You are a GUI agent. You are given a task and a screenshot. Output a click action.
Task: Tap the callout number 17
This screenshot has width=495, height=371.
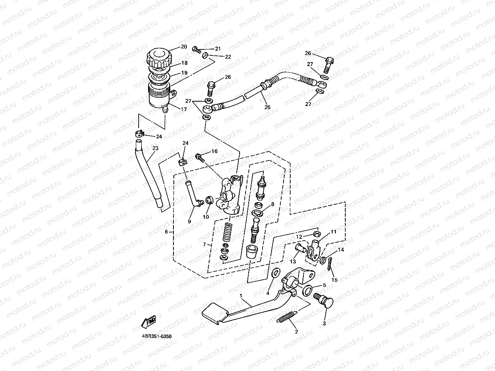tap(184, 110)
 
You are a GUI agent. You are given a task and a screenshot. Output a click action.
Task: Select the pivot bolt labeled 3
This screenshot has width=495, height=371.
tap(325, 301)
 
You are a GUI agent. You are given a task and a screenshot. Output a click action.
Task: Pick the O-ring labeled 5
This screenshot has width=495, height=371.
tap(307, 291)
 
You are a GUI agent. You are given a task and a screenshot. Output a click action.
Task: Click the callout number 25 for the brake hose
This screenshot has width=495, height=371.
tap(267, 107)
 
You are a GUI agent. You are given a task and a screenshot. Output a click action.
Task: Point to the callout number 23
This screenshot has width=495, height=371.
tap(155, 148)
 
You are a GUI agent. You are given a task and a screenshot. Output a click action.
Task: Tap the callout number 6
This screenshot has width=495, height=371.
tap(166, 232)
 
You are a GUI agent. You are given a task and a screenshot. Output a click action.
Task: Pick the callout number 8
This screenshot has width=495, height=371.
tap(272, 204)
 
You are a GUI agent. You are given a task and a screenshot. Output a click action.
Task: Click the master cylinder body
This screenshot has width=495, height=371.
tap(228, 196)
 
